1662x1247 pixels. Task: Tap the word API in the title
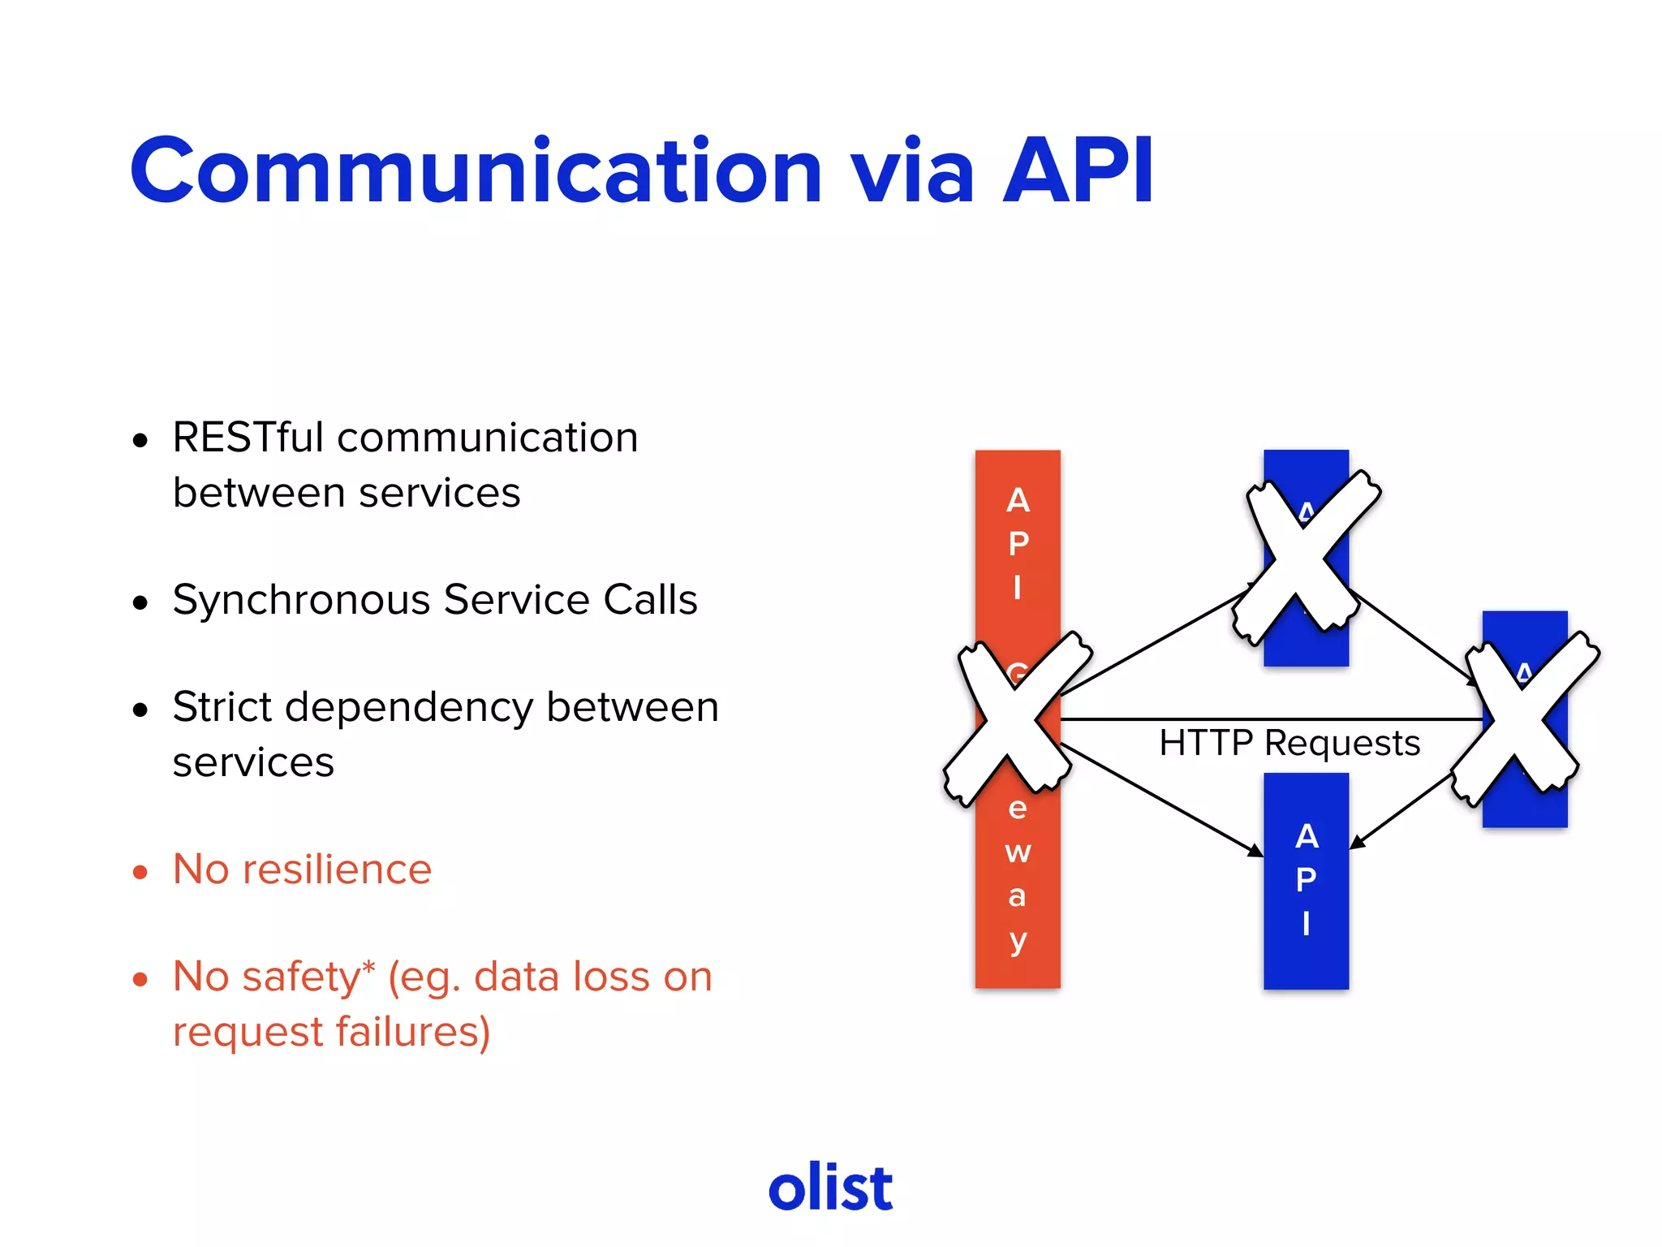click(1078, 171)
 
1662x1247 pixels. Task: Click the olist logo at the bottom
click(830, 1188)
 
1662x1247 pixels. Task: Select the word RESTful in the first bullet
click(248, 438)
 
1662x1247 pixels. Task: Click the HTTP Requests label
click(1289, 743)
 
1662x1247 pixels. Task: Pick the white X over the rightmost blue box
click(1524, 718)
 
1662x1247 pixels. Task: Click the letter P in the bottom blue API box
click(1306, 880)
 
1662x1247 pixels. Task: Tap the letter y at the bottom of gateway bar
click(1018, 942)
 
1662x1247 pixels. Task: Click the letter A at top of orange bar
click(1018, 501)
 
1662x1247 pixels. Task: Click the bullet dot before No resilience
click(140, 873)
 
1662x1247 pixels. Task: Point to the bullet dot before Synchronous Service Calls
click(140, 603)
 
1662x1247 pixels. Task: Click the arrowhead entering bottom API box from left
click(1255, 851)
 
